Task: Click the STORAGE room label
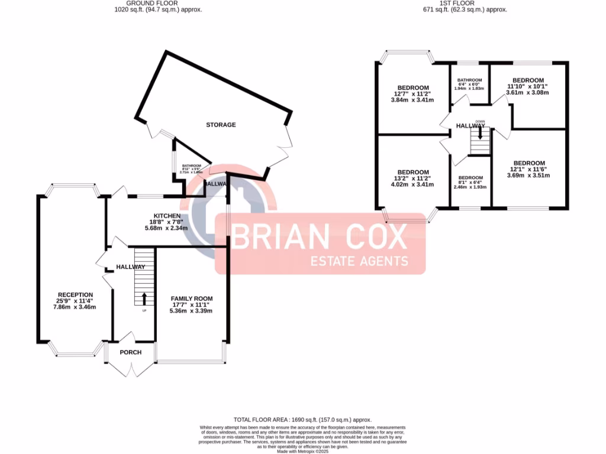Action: coord(221,125)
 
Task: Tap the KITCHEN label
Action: coord(167,215)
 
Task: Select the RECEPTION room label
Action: coord(75,294)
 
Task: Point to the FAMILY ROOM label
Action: coord(191,299)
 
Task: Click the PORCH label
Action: coord(131,352)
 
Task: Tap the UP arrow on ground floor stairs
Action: coord(144,297)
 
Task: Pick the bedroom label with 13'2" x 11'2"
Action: coord(412,172)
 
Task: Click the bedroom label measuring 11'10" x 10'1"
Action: coord(528,80)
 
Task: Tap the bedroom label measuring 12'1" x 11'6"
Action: coord(528,163)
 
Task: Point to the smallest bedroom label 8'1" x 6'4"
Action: coord(470,178)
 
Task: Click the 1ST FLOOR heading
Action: coord(473,3)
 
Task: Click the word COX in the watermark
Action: coord(370,238)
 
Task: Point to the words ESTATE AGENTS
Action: coord(360,261)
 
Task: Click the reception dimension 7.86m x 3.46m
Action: coord(75,307)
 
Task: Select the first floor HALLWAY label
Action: coord(470,125)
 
